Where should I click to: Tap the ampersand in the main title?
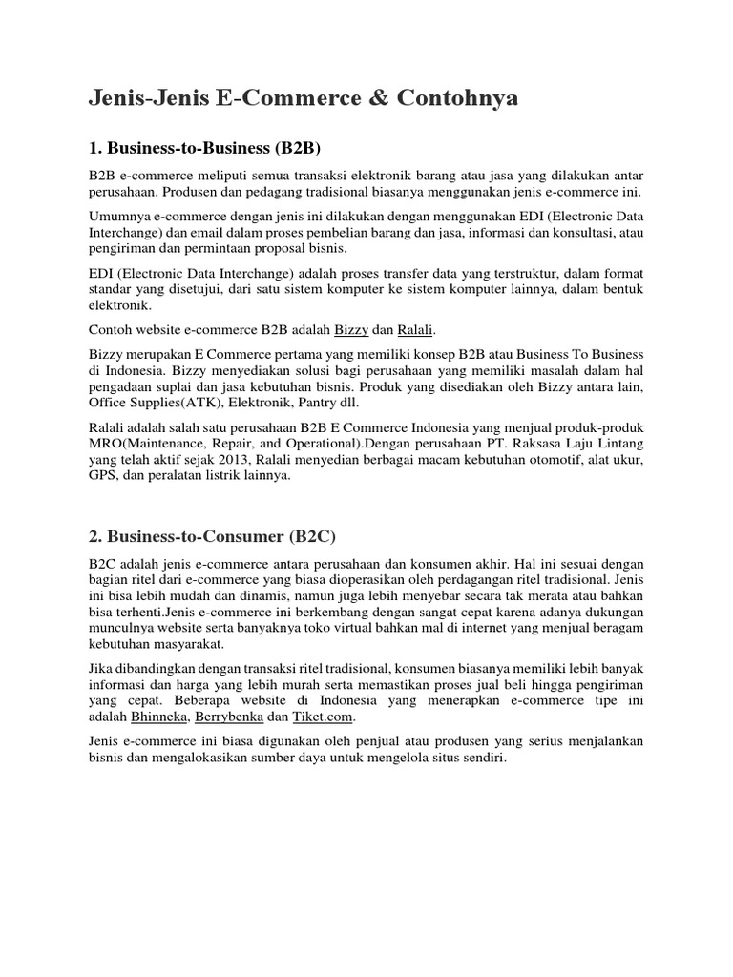[x=365, y=99]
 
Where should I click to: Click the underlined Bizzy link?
[x=350, y=330]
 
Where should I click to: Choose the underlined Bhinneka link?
[x=159, y=717]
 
